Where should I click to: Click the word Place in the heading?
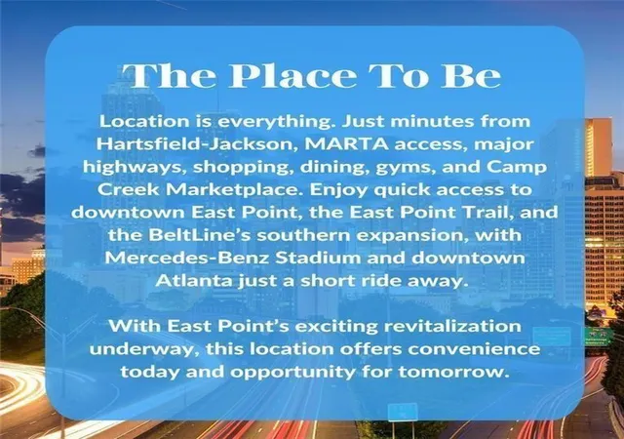click(x=292, y=75)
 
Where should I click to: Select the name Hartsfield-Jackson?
click(x=197, y=144)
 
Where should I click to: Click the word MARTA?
click(x=347, y=143)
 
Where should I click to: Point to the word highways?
click(x=135, y=168)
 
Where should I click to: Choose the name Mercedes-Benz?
click(x=187, y=258)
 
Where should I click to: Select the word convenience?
click(x=474, y=349)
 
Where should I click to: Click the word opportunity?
click(x=292, y=373)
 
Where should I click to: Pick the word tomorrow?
click(x=453, y=373)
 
